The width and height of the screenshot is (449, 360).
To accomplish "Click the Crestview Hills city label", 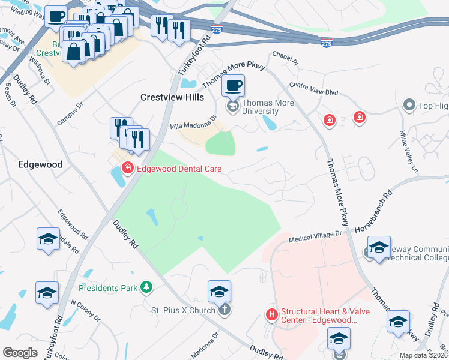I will (172, 97).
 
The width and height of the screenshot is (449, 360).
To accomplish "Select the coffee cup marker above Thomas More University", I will (234, 86).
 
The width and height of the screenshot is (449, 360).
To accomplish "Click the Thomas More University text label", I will (260, 107).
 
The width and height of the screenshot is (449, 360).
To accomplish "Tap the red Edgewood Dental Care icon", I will (127, 169).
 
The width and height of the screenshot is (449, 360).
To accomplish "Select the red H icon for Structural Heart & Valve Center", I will (271, 314).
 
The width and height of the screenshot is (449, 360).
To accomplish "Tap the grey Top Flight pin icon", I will (409, 105).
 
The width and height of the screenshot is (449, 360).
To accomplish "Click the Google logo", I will (20, 352).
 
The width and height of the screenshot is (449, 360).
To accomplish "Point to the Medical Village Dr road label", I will (315, 238).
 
